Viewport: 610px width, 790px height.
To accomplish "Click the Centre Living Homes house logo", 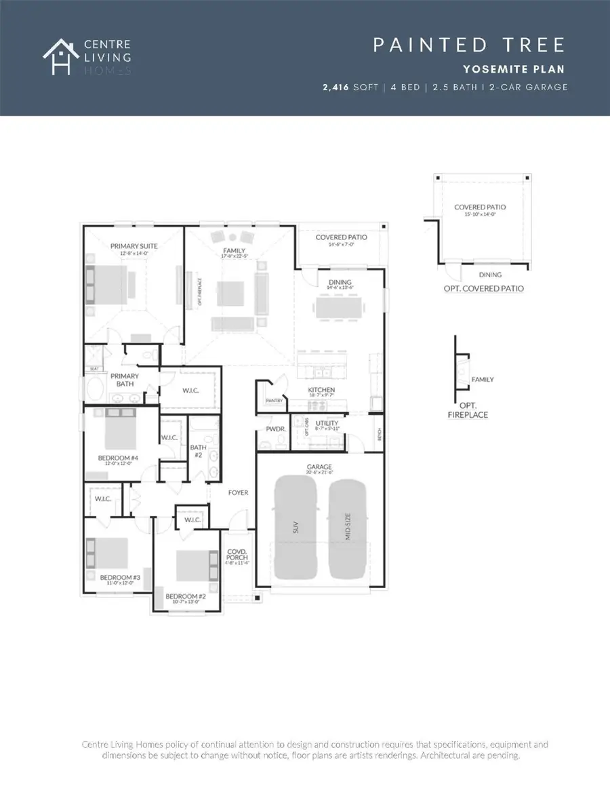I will pyautogui.click(x=60, y=56).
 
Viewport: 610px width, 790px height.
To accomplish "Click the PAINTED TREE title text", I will pyautogui.click(x=469, y=45).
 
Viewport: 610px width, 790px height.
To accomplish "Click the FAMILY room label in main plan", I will pyautogui.click(x=234, y=252).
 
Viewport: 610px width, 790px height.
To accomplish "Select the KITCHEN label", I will pyautogui.click(x=321, y=391).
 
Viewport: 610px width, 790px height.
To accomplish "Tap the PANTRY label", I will pyautogui.click(x=274, y=401).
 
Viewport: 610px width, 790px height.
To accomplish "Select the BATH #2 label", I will pyautogui.click(x=198, y=450).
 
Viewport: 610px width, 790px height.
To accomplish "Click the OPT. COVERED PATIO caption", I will pyautogui.click(x=481, y=289).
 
